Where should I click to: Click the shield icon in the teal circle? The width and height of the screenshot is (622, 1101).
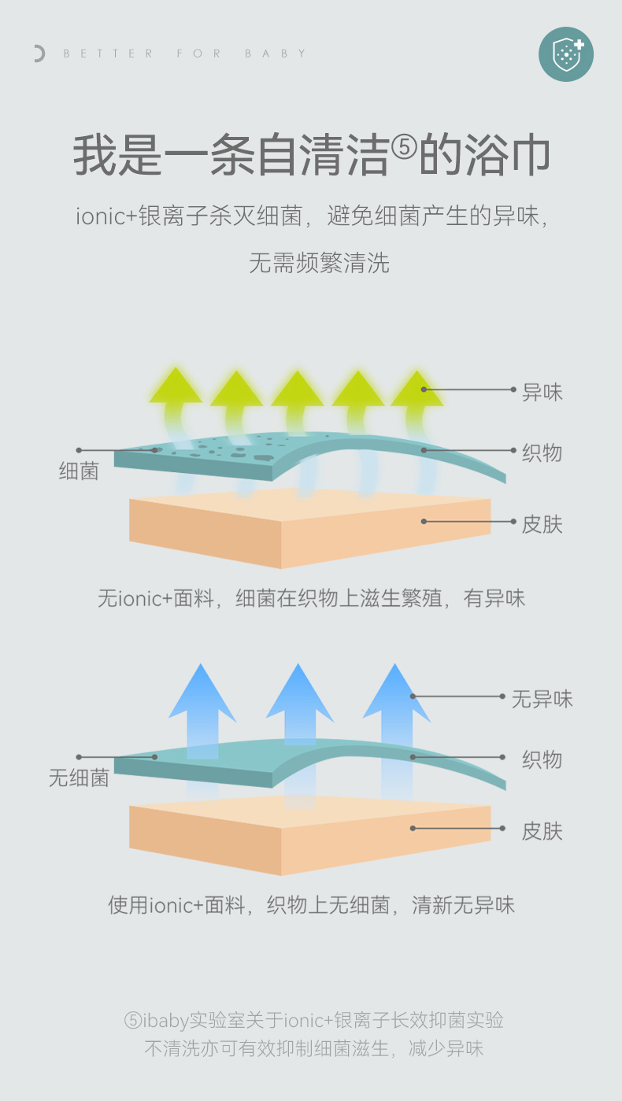pos(566,54)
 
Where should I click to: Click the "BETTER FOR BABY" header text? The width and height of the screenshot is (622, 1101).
pos(185,54)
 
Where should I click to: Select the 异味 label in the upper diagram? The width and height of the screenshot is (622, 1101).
pos(542,391)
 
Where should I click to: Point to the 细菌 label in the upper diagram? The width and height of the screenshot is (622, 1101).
pos(79,471)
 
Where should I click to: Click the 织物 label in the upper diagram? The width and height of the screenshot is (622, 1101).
pos(542,453)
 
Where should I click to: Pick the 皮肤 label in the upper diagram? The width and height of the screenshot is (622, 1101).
pos(542,523)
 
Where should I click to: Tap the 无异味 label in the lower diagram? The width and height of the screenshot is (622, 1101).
pos(542,698)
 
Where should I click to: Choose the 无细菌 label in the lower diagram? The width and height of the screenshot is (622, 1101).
pos(79,778)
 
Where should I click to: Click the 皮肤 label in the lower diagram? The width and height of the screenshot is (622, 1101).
pos(542,830)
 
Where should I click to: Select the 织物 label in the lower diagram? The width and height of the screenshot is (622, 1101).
pos(542,759)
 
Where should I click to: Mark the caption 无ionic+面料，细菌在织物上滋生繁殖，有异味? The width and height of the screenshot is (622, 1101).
pos(311,598)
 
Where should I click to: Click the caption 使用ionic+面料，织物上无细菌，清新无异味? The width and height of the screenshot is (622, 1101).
pos(311,905)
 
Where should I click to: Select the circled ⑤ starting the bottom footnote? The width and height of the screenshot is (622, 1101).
pos(133,1021)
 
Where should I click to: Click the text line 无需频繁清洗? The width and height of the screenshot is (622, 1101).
pos(319,263)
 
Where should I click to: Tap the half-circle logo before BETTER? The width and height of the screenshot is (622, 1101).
pos(39,54)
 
